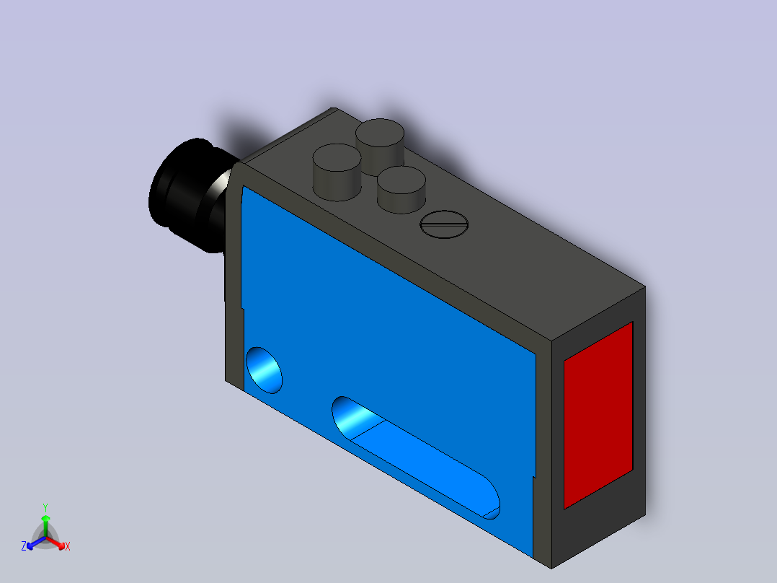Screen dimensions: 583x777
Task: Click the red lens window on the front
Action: point(598,415)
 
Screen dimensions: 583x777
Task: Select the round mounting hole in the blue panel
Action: point(264,369)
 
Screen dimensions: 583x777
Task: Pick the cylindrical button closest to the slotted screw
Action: point(401,189)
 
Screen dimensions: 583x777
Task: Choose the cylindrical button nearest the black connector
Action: point(337,172)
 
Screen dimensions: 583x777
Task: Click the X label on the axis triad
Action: point(68,547)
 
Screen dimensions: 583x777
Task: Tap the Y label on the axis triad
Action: point(45,507)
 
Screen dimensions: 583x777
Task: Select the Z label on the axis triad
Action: point(24,546)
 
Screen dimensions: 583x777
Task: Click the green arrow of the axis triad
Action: point(45,524)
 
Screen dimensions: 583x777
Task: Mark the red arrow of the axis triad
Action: point(58,542)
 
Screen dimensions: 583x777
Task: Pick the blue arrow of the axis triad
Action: point(33,542)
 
